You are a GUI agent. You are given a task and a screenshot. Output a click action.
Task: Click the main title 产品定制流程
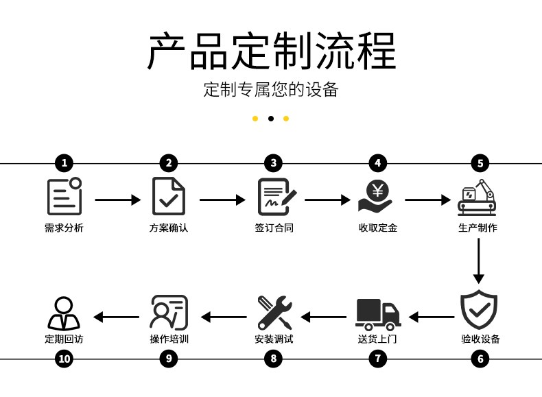(x=272, y=51)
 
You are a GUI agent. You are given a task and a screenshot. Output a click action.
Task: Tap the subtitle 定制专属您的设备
(x=270, y=90)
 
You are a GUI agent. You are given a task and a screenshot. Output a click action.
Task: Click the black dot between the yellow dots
(x=271, y=119)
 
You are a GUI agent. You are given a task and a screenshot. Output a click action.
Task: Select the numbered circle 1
(x=64, y=163)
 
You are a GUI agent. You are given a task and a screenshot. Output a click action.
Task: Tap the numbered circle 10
(x=64, y=359)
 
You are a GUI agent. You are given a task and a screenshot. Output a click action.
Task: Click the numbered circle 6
(x=480, y=359)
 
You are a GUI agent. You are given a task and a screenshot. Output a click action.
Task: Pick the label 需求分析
(x=64, y=228)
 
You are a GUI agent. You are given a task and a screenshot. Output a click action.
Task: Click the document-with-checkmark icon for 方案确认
(x=169, y=196)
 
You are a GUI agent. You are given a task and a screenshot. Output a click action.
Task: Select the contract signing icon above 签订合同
(x=277, y=197)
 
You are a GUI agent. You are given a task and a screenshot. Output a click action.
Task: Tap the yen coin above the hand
(x=378, y=191)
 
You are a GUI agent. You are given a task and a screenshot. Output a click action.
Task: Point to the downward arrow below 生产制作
(x=479, y=261)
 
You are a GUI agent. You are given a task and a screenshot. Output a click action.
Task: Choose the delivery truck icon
(x=378, y=315)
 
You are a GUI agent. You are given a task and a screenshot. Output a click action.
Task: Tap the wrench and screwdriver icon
(x=275, y=313)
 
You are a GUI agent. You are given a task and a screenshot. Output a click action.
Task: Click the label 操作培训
(x=169, y=339)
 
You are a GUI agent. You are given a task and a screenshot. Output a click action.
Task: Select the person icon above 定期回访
(x=64, y=313)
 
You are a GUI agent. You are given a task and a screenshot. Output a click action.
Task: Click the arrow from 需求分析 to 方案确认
(x=118, y=200)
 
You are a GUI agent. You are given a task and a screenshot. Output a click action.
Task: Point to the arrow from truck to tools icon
(x=324, y=317)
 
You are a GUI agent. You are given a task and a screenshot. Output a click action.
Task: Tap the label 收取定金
(x=378, y=228)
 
